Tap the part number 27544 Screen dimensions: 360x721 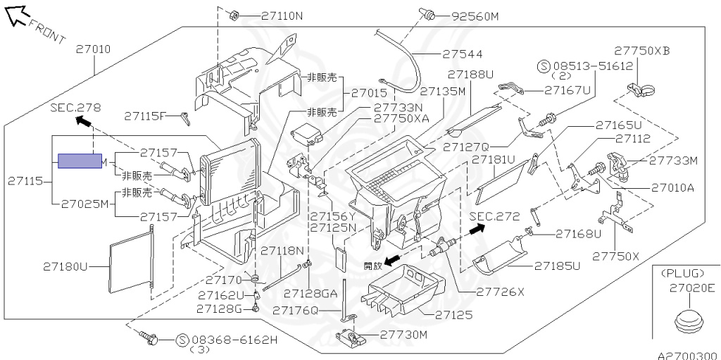tap(463, 54)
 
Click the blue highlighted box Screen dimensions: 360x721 tap(80, 161)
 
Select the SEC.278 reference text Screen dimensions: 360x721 tap(75, 108)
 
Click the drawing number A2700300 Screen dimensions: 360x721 tap(688, 355)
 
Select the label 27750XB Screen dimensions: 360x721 tap(642, 51)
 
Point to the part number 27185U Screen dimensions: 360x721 tap(557, 266)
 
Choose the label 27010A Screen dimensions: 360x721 tap(672, 187)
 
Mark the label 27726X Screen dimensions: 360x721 tap(501, 291)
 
